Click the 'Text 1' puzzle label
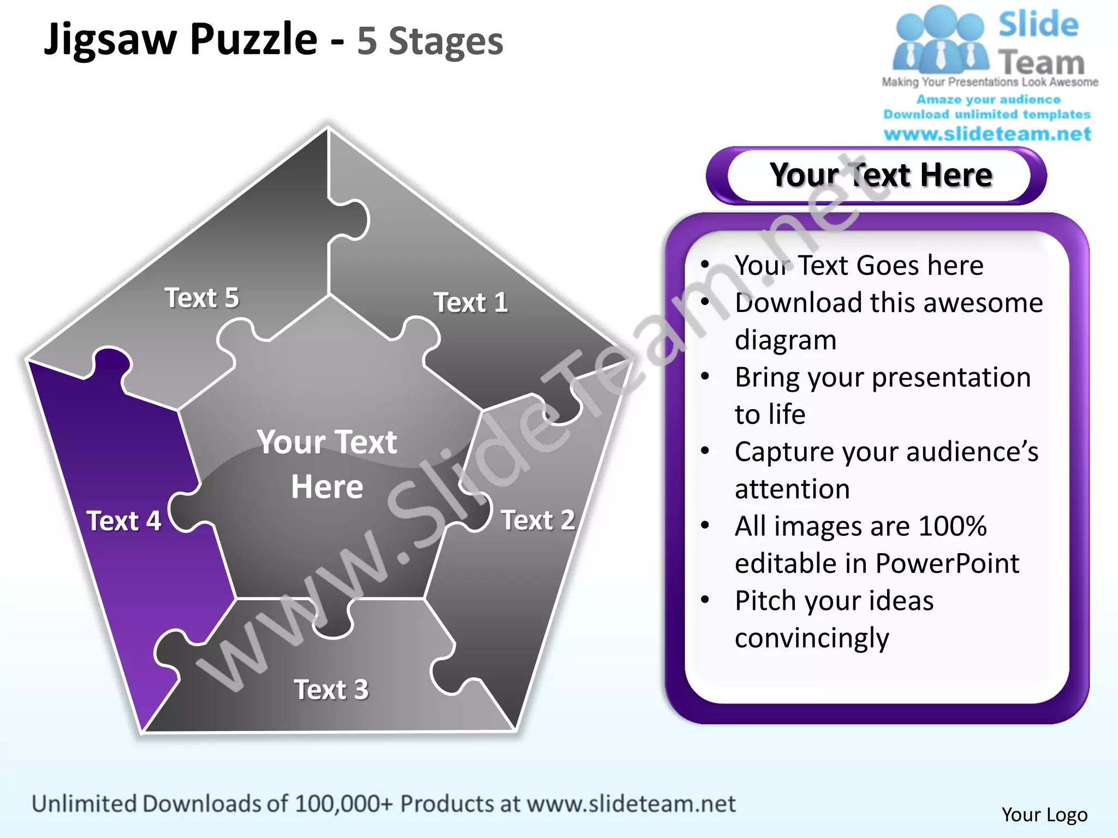click(471, 303)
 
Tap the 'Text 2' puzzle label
click(538, 520)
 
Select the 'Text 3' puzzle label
click(331, 690)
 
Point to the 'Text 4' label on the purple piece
click(124, 521)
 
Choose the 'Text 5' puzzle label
click(202, 298)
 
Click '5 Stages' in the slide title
click(430, 41)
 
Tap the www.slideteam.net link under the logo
click(988, 134)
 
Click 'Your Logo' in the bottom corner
click(1044, 815)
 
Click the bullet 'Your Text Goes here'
click(859, 266)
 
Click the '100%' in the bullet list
click(953, 526)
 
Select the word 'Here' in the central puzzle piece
click(327, 487)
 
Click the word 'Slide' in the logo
click(1038, 25)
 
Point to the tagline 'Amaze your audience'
click(988, 100)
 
